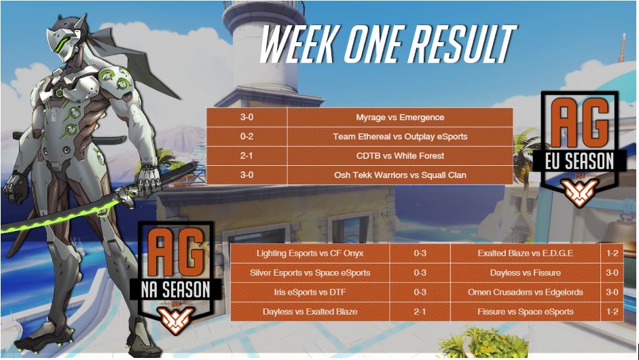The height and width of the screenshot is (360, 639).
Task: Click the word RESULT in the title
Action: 462,44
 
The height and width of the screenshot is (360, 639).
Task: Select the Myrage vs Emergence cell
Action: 400,118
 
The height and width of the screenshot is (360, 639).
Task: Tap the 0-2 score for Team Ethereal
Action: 247,137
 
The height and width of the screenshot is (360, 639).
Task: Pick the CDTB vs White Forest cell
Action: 400,156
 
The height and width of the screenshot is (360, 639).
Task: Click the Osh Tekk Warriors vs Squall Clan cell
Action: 400,175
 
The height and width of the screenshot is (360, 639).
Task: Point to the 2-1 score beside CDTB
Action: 247,156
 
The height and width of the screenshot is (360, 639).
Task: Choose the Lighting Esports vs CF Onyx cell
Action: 310,253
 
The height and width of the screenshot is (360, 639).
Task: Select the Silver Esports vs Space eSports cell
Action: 310,273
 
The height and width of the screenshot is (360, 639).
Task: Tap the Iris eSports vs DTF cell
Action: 310,292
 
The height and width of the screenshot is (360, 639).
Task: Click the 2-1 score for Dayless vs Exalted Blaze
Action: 420,312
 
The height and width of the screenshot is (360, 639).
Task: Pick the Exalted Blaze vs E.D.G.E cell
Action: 526,253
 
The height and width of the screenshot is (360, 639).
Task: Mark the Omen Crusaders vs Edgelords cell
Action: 526,292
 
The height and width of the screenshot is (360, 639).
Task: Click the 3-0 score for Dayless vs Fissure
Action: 612,273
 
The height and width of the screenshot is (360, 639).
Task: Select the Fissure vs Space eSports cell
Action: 526,312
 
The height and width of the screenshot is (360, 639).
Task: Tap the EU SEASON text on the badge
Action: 579,162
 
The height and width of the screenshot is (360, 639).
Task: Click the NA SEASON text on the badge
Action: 176,289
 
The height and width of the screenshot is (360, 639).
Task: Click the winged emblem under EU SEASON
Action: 579,192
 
